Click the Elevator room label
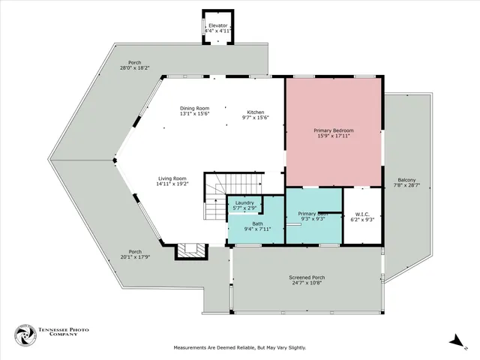(x=218, y=28)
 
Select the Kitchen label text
(x=255, y=115)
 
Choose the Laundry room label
(x=244, y=205)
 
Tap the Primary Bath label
(x=313, y=216)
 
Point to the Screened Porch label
(x=307, y=280)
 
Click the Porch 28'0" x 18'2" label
(x=134, y=65)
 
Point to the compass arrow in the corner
(x=454, y=340)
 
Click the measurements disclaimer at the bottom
(x=240, y=347)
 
